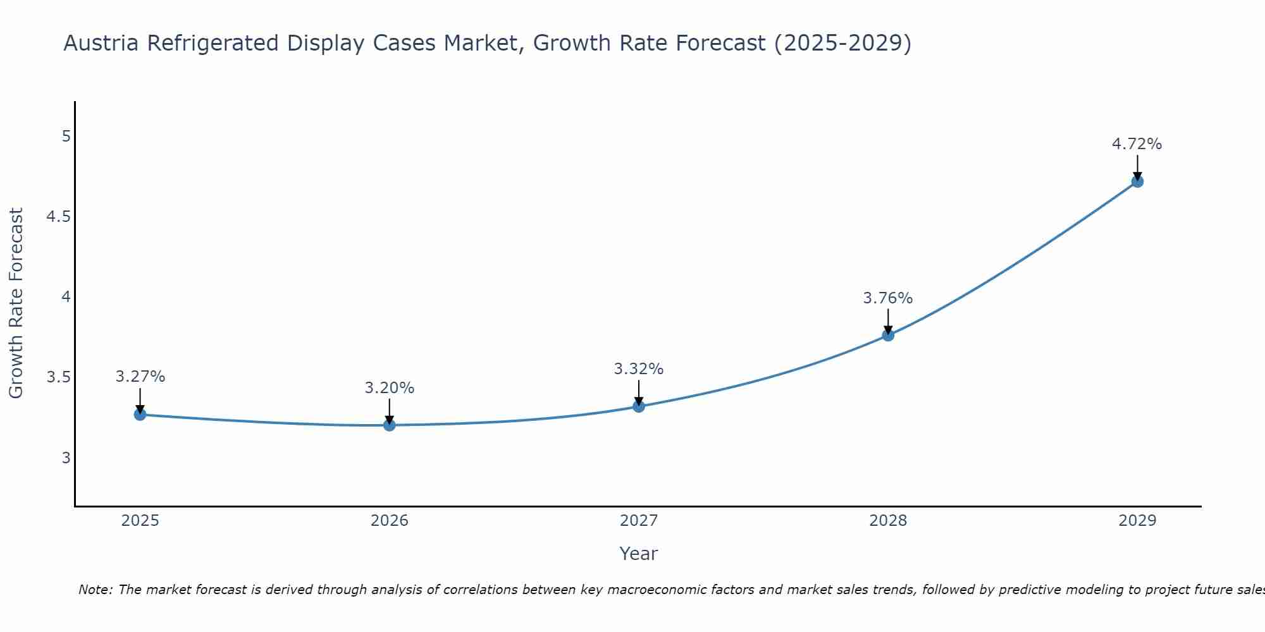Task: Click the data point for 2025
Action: pyautogui.click(x=140, y=415)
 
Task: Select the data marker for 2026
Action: pyautogui.click(x=390, y=425)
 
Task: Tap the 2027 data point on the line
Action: pyautogui.click(x=639, y=406)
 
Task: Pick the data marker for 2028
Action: pyautogui.click(x=888, y=335)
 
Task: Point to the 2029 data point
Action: pyautogui.click(x=1137, y=181)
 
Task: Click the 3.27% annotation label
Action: pyautogui.click(x=140, y=377)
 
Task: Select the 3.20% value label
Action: pyautogui.click(x=390, y=388)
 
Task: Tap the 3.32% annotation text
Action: pyautogui.click(x=639, y=369)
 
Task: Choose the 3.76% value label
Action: pyautogui.click(x=888, y=298)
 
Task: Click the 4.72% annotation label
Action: pyautogui.click(x=1137, y=144)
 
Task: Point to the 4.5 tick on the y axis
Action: pyautogui.click(x=59, y=217)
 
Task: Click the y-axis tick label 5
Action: pyautogui.click(x=66, y=137)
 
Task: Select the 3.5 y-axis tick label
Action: pyautogui.click(x=59, y=378)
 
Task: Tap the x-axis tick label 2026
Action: pyautogui.click(x=390, y=521)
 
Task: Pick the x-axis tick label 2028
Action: pyautogui.click(x=888, y=521)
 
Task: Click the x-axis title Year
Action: pyautogui.click(x=639, y=554)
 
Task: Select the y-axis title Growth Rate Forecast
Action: pyautogui.click(x=16, y=303)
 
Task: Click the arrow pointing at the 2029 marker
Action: pyautogui.click(x=1137, y=167)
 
